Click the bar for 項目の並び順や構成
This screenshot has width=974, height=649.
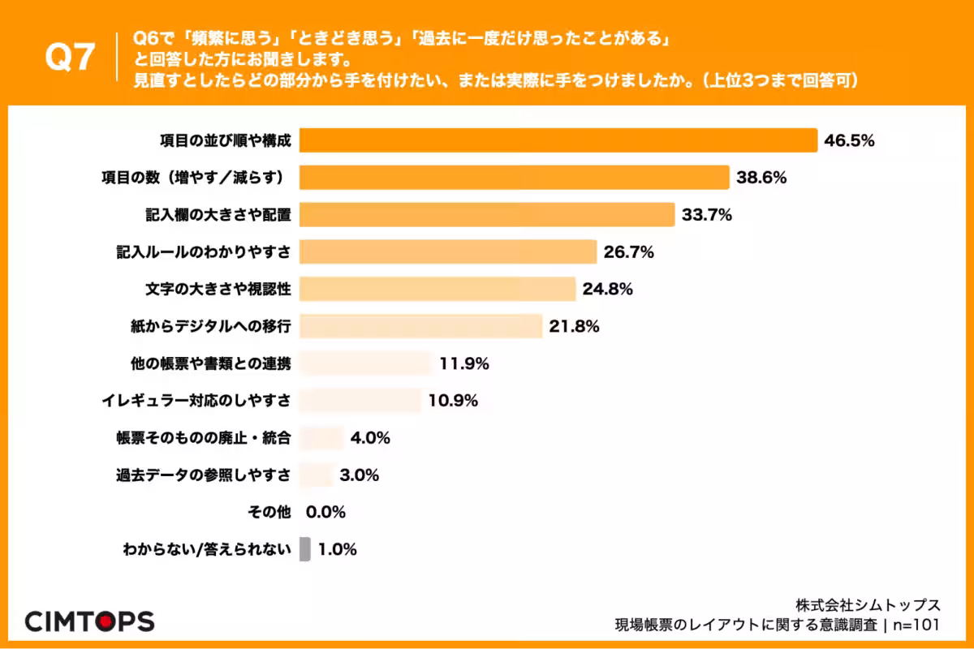(x=558, y=140)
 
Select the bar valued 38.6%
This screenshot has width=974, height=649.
(x=515, y=177)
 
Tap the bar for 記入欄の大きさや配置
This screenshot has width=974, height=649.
(x=487, y=214)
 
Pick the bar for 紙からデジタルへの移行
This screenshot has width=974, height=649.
(x=420, y=326)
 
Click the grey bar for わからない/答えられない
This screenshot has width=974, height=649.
(x=305, y=549)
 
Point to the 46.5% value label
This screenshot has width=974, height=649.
(x=849, y=140)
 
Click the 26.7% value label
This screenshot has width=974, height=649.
(x=629, y=252)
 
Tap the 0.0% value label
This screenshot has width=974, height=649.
(x=326, y=512)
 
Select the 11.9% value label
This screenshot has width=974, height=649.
(x=464, y=363)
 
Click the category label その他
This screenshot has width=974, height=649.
(x=268, y=512)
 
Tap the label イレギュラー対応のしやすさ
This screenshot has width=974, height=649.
(x=196, y=401)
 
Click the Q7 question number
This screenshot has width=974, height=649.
(x=70, y=58)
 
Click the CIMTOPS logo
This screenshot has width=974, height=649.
(x=89, y=621)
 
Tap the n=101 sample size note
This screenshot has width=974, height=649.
(x=916, y=625)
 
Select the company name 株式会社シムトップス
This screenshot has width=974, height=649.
(x=868, y=605)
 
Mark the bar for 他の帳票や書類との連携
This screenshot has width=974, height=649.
(x=364, y=363)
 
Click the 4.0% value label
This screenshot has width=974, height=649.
(x=371, y=438)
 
